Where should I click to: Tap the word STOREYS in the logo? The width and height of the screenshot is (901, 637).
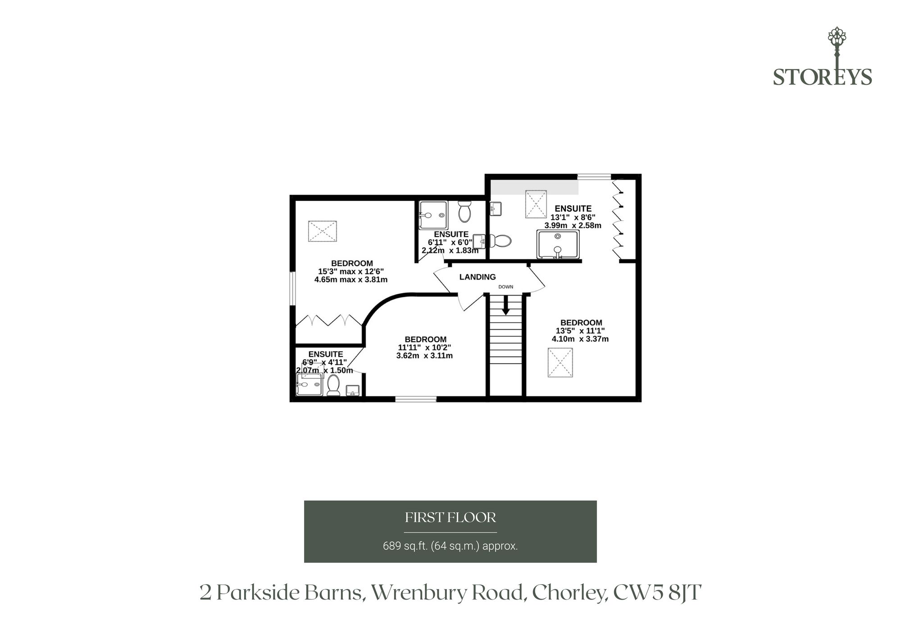[823, 77]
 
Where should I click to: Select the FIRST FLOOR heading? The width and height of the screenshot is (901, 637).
[450, 518]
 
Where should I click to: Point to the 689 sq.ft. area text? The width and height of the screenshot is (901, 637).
[450, 546]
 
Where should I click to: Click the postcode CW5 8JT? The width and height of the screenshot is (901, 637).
[657, 593]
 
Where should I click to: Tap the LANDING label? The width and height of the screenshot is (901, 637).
[478, 277]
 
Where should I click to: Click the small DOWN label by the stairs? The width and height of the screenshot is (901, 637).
[505, 287]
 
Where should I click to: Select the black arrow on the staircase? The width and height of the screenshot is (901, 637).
[505, 305]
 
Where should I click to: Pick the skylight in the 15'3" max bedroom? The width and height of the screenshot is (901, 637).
[323, 231]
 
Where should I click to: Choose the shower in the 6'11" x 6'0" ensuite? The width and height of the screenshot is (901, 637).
[433, 216]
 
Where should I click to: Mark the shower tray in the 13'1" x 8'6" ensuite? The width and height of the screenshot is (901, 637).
[558, 244]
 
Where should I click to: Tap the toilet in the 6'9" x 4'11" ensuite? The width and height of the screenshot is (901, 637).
[333, 385]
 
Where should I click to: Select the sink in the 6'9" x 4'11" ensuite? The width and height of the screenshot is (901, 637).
[352, 390]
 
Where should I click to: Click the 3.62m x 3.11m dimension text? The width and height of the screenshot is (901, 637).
[424, 355]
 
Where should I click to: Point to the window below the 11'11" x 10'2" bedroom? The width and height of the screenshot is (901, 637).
[416, 399]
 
